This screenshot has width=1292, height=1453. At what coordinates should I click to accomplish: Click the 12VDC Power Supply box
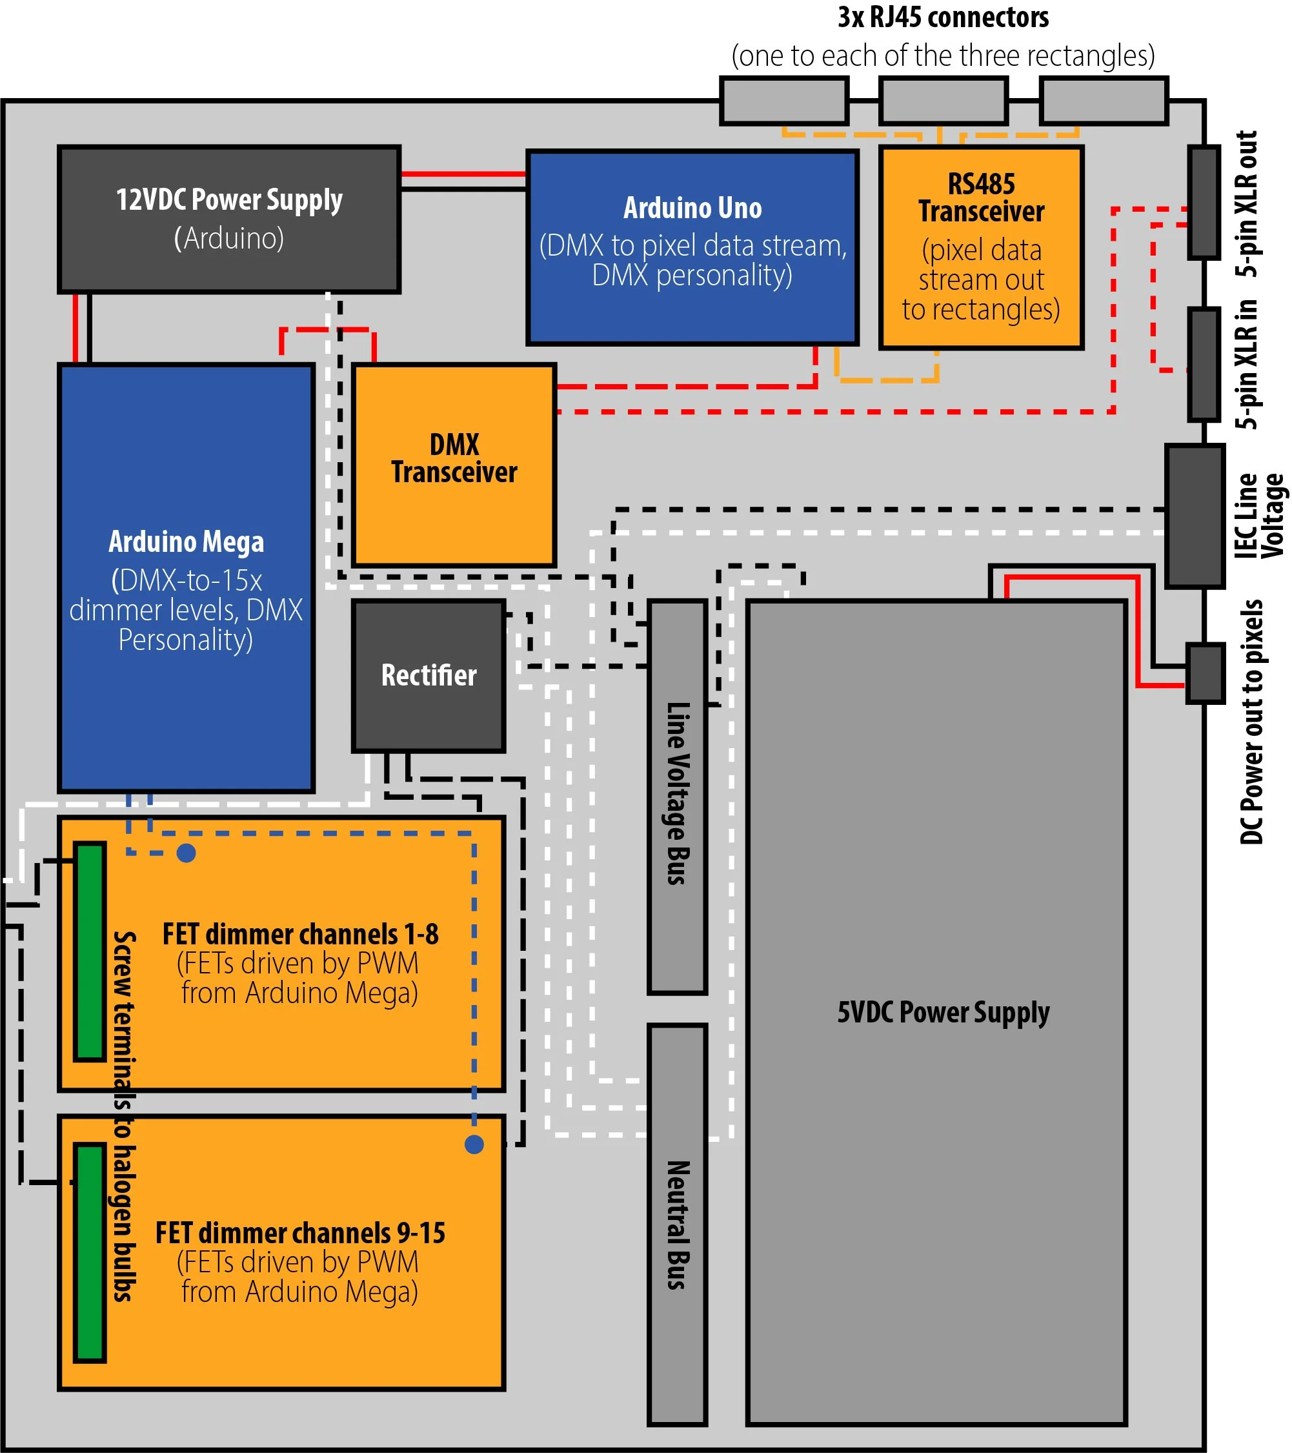tap(229, 219)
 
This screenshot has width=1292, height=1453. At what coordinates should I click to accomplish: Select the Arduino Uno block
tap(692, 247)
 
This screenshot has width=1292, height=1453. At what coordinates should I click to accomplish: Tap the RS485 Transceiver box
tap(981, 247)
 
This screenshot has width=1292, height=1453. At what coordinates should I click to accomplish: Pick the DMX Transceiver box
tap(454, 464)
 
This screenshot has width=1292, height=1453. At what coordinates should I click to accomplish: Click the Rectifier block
tap(429, 675)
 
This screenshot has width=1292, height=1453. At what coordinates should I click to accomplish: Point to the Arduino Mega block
tap(187, 577)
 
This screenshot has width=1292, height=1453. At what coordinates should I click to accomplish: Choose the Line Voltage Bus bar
tap(677, 796)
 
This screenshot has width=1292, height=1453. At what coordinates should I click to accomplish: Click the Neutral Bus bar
tap(677, 1224)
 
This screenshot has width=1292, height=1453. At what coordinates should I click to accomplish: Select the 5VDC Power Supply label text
tap(943, 1012)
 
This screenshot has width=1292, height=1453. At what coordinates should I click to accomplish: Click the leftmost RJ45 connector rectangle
tap(785, 101)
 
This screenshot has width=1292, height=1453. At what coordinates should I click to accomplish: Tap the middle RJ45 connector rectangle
tap(944, 101)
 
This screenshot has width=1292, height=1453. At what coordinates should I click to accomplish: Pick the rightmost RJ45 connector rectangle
tap(1104, 101)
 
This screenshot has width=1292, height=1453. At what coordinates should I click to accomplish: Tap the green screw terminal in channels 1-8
tap(90, 952)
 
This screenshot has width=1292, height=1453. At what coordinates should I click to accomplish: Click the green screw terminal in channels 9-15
tap(90, 1252)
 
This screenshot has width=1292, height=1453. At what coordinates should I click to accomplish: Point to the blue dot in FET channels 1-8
tap(187, 853)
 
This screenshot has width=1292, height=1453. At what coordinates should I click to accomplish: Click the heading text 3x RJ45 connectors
tap(943, 17)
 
